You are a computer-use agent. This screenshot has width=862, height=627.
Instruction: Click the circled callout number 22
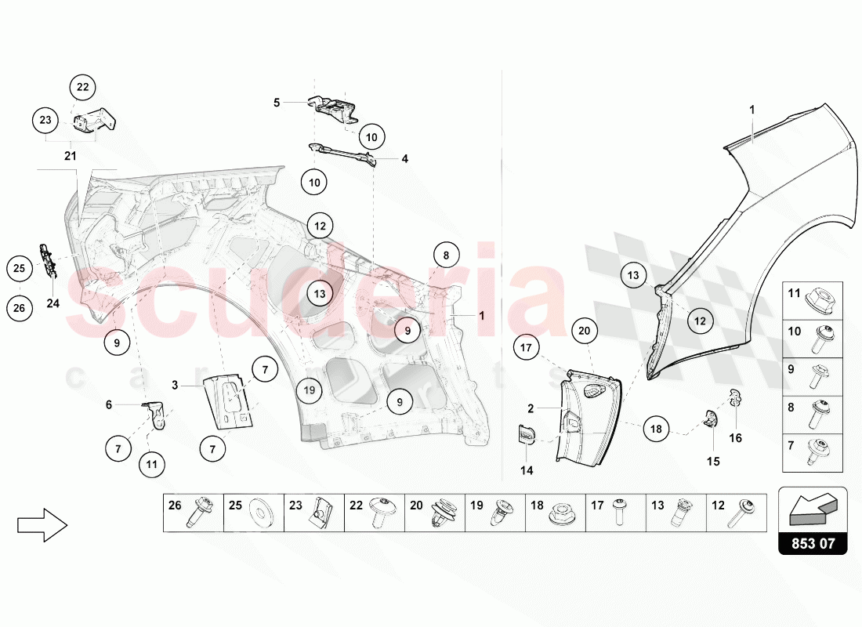pyautogui.click(x=82, y=87)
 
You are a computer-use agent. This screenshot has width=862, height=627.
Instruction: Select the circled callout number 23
pyautogui.click(x=45, y=120)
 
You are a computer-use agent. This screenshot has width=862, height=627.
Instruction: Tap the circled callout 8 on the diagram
pyautogui.click(x=446, y=256)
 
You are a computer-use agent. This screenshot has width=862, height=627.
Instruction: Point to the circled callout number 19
pyautogui.click(x=310, y=390)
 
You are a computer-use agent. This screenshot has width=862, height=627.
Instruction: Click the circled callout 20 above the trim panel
pyautogui.click(x=585, y=331)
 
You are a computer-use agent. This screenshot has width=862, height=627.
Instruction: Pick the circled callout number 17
pyautogui.click(x=526, y=348)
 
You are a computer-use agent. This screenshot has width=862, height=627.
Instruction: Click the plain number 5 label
pyautogui.click(x=277, y=103)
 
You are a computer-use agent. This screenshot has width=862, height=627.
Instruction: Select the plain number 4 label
pyautogui.click(x=404, y=159)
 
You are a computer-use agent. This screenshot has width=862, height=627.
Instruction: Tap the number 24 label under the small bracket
pyautogui.click(x=53, y=303)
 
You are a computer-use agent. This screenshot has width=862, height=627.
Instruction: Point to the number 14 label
pyautogui.click(x=527, y=470)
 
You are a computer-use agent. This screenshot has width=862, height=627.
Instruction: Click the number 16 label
pyautogui.click(x=736, y=438)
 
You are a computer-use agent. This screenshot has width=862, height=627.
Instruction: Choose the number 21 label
pyautogui.click(x=71, y=156)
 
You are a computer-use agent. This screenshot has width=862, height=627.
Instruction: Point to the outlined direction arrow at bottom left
pyautogui.click(x=42, y=524)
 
